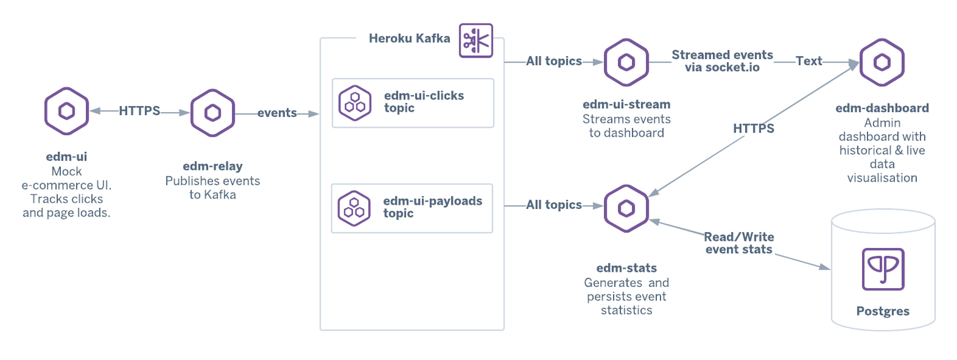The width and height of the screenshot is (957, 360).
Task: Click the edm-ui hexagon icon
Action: [x=67, y=111]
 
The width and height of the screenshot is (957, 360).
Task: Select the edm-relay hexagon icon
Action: [x=213, y=113]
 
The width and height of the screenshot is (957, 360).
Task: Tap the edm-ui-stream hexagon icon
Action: [x=626, y=62]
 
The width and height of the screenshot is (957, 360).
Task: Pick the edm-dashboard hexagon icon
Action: [x=882, y=62]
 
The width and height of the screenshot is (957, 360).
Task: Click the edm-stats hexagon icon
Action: [x=626, y=208]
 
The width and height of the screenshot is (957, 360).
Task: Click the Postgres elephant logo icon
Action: [x=883, y=269]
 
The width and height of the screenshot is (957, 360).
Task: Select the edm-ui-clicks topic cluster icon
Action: [x=355, y=103]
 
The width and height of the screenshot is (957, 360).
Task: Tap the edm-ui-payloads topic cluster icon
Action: [x=354, y=208]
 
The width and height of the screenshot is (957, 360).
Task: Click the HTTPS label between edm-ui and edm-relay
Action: [x=139, y=111]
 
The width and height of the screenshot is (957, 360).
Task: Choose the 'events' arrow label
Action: [x=277, y=113]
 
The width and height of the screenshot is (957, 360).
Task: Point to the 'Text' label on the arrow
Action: [x=808, y=61]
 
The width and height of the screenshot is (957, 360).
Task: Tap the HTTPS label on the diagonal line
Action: [x=753, y=129]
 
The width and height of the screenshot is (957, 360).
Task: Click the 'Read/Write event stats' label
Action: [x=739, y=243]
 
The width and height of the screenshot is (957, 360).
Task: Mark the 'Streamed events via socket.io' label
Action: [x=722, y=61]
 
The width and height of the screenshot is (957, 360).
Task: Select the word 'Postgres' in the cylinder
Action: [x=883, y=311]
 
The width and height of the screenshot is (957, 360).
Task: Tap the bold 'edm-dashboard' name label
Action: [x=882, y=108]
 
